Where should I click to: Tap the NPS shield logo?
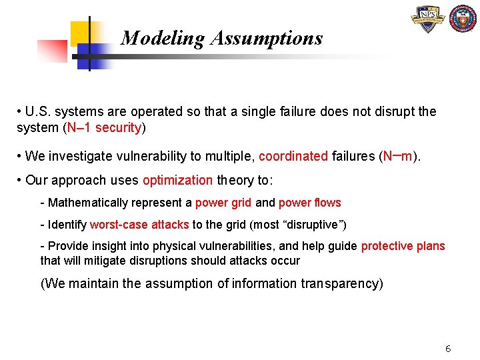(428, 20)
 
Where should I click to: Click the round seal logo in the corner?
(463, 19)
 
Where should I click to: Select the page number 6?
(448, 349)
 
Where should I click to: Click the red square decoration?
(51, 51)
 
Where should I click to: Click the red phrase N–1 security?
(105, 128)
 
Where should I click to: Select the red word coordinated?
(293, 157)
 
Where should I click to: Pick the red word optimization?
(177, 180)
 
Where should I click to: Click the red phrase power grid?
(223, 203)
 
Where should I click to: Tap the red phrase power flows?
(309, 203)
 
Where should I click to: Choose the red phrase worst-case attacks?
(139, 225)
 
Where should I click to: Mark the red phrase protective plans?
(403, 246)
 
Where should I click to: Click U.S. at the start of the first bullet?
(39, 111)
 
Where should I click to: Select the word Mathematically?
(86, 203)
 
